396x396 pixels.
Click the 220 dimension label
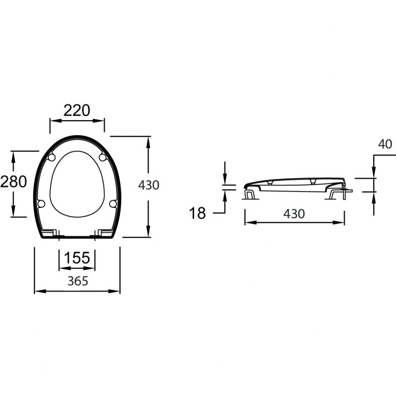[x=77, y=110]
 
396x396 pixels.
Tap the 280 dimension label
[x=13, y=182]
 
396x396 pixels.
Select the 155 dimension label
[x=77, y=258]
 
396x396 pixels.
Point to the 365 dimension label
[x=78, y=281]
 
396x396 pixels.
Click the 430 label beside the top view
[x=148, y=185]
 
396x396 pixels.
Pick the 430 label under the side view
[x=294, y=214]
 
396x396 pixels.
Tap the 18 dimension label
[x=197, y=213]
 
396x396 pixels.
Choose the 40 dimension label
[x=385, y=144]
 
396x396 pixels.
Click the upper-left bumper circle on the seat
[x=51, y=157]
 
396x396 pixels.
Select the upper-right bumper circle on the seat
[x=102, y=157]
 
